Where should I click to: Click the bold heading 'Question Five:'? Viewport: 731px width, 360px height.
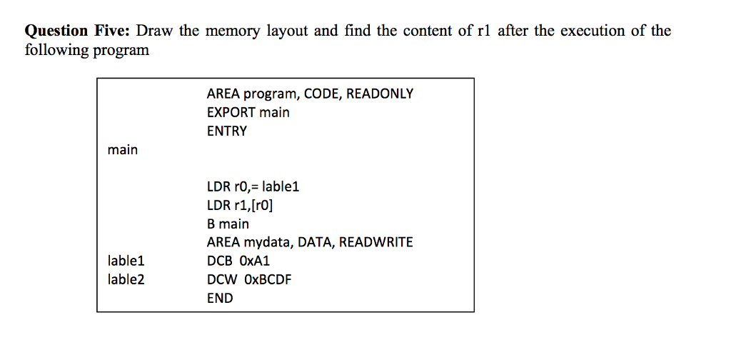[x=78, y=31]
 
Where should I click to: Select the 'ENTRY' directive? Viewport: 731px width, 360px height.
[x=226, y=131]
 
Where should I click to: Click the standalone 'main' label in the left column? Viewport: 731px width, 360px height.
[x=122, y=150]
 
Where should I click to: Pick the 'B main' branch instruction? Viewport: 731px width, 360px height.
[x=228, y=224]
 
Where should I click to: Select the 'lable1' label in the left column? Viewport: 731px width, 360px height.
[x=126, y=261]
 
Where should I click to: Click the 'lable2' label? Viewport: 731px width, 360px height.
[x=126, y=280]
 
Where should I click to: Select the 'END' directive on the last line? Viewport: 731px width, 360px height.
[x=219, y=299]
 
